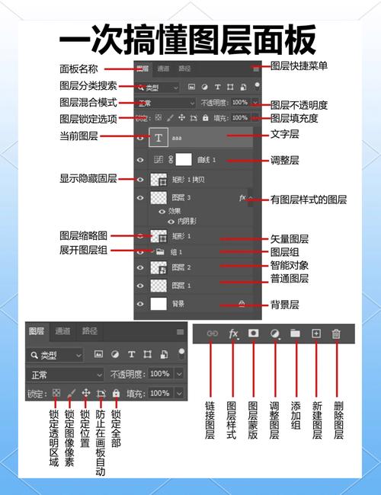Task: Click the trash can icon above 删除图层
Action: (336, 333)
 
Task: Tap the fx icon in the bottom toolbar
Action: (234, 333)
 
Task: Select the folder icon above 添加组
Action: (295, 333)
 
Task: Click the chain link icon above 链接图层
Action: (213, 333)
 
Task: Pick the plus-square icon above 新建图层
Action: (315, 333)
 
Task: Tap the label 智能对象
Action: (290, 266)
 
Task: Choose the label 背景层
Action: (285, 305)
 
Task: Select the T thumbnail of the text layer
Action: (158, 138)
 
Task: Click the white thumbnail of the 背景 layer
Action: (158, 304)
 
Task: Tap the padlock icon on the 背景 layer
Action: (242, 304)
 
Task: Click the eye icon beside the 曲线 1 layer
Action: (140, 160)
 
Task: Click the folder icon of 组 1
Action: (161, 251)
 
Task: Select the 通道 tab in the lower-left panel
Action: (62, 331)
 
